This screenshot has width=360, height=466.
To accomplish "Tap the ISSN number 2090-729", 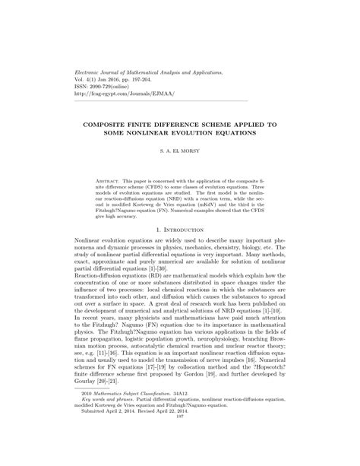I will coord(104,85).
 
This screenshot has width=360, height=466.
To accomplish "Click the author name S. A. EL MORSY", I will coord(180,151).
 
